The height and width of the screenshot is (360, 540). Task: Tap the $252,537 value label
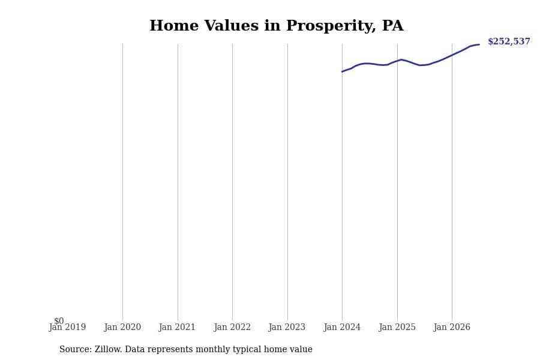click(x=509, y=41)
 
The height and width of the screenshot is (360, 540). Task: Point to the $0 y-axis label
click(x=59, y=321)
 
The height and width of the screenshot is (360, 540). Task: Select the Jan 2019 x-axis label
click(x=67, y=327)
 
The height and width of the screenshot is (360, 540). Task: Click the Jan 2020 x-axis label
click(x=122, y=327)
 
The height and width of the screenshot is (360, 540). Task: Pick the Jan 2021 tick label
click(x=177, y=327)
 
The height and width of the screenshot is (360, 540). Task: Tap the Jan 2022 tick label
click(x=232, y=327)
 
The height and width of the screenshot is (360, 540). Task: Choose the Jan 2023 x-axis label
click(x=287, y=327)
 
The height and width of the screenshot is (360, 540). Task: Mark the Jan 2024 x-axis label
click(x=342, y=327)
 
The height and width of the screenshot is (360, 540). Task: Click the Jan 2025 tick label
click(x=397, y=327)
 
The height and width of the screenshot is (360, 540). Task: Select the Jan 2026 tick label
click(x=452, y=327)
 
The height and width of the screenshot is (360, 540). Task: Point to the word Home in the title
click(x=174, y=26)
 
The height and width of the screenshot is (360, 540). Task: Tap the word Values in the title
click(x=232, y=26)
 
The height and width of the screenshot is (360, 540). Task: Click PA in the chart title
click(x=392, y=26)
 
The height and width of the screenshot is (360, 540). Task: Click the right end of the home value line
click(x=479, y=44)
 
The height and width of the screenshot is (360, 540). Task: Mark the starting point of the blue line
click(x=342, y=71)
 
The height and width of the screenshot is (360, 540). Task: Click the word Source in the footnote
click(x=76, y=349)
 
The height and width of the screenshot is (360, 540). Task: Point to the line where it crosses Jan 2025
click(x=397, y=60)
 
